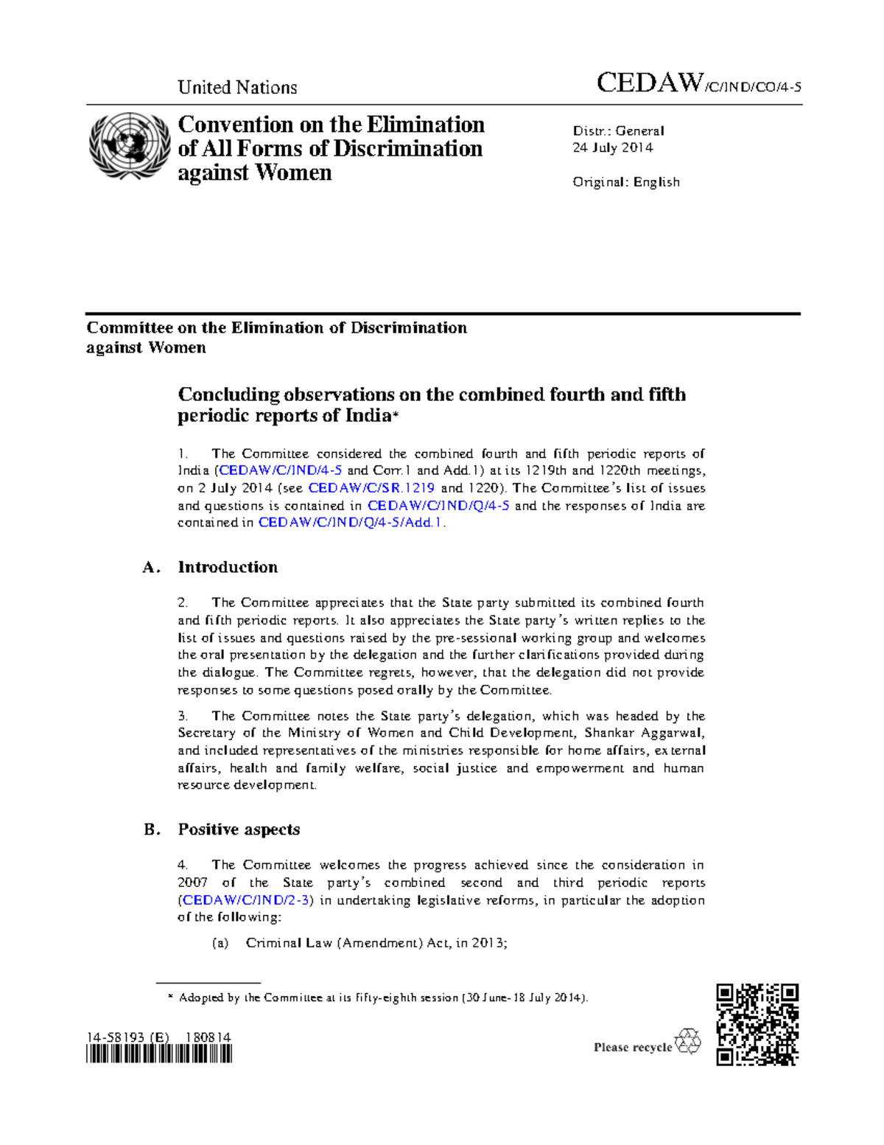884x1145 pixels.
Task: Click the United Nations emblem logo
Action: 130,146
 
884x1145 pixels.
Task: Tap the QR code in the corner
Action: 757,1024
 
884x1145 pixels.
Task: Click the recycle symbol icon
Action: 688,1042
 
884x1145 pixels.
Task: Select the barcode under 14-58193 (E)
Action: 159,1055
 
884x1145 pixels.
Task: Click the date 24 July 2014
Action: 613,147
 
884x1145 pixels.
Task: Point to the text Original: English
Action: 626,182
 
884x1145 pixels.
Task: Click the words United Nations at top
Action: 237,88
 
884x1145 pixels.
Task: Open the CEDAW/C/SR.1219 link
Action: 371,488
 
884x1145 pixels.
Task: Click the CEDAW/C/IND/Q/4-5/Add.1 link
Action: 351,523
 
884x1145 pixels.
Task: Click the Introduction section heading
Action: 228,567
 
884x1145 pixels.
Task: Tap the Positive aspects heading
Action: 239,829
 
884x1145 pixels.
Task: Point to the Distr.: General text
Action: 618,130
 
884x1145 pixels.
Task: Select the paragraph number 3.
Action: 183,716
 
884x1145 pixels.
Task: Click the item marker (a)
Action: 220,943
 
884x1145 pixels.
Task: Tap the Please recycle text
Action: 633,1048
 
